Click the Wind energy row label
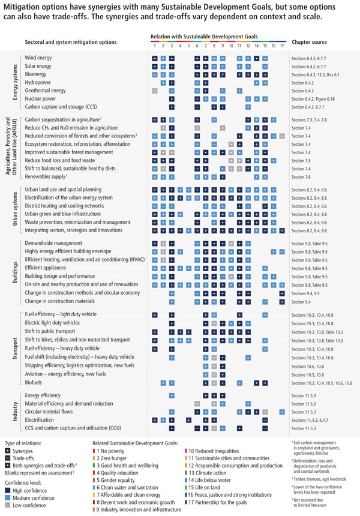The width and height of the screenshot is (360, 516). click(39, 58)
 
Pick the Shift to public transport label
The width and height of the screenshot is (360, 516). click(50, 331)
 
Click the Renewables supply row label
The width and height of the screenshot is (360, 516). click(45, 177)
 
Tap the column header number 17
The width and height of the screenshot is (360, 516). click(282, 46)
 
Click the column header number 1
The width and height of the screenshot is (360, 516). click(155, 46)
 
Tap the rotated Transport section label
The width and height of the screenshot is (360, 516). click(14, 348)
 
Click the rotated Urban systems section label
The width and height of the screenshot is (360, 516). click(14, 210)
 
